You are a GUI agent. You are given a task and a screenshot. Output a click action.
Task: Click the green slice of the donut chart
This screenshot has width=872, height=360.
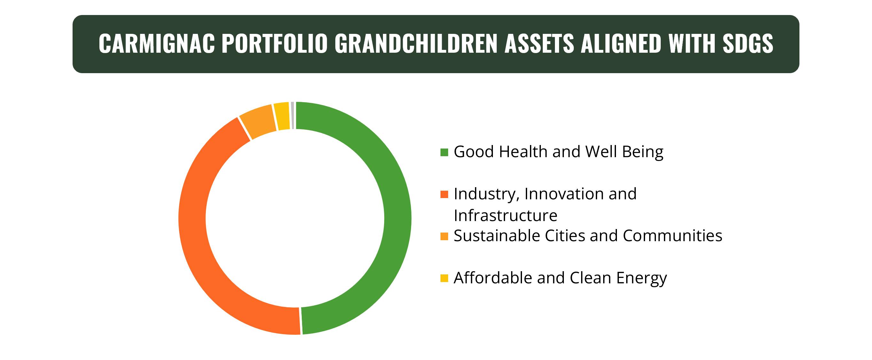pos(398,218)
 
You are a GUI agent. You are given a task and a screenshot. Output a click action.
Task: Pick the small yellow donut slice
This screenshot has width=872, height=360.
pos(283,116)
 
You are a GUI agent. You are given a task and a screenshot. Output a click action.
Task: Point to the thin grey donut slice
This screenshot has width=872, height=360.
pos(292,115)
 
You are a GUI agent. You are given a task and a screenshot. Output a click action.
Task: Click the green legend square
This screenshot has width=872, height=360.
pos(444,152)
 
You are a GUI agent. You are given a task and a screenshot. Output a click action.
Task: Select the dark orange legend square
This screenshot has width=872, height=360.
pos(444,194)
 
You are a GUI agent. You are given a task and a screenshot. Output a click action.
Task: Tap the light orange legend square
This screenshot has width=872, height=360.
pos(444,236)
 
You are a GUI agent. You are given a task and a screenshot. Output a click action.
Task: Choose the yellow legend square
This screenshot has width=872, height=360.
pos(444,278)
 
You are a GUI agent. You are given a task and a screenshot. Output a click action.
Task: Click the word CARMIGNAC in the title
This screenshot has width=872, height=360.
pos(157,44)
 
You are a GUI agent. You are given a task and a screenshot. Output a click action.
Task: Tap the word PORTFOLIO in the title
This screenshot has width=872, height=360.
pos(275,44)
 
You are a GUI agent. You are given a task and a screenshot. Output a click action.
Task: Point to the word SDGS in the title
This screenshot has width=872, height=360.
pos(747,44)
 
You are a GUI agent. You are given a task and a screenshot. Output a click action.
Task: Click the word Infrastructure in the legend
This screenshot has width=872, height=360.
pos(505,216)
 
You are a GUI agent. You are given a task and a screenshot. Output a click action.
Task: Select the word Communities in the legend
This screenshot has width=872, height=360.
pos(672,236)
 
